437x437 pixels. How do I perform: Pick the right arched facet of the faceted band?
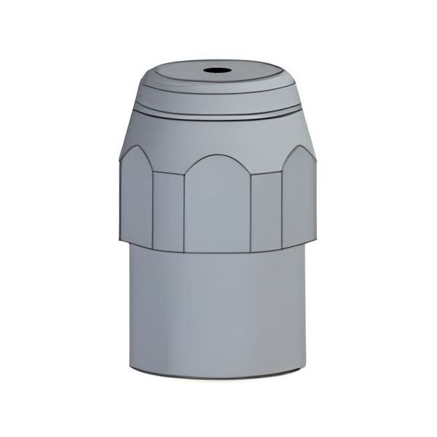click(x=301, y=197)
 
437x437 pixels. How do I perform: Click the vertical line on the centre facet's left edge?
click(x=184, y=211)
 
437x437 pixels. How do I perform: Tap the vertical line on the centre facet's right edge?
click(x=251, y=211)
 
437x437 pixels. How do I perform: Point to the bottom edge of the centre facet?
click(x=216, y=251)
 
